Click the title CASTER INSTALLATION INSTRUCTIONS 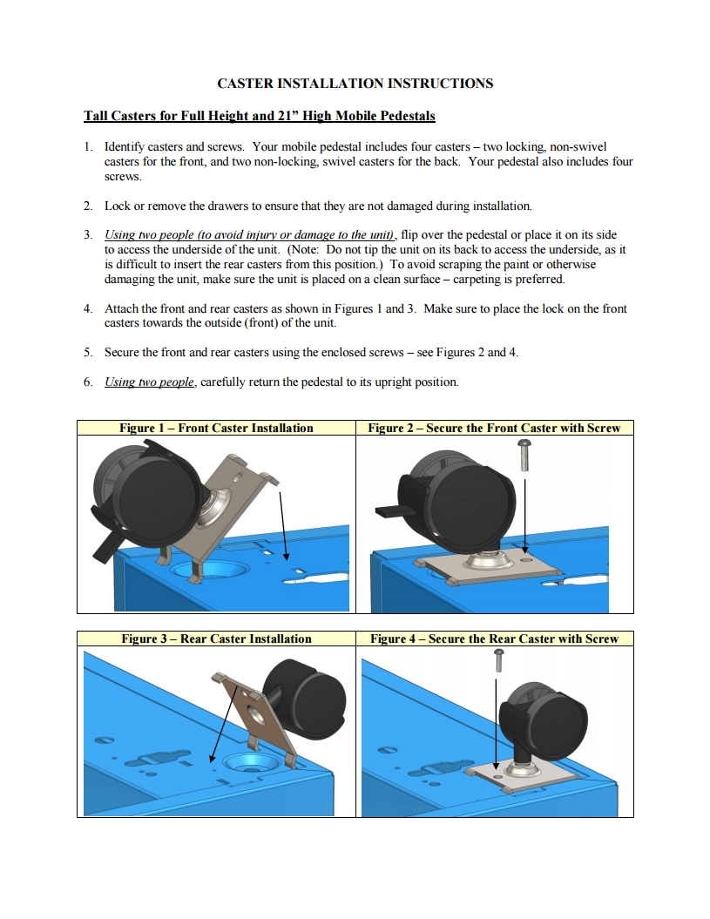click(355, 84)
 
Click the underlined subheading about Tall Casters click(259, 116)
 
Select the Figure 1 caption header click(216, 428)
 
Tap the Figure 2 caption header click(494, 428)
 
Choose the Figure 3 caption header click(216, 639)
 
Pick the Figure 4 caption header click(494, 639)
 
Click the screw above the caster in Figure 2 click(525, 452)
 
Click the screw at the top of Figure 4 click(499, 661)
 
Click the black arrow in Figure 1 click(283, 524)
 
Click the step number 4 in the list click(88, 308)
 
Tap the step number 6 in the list click(88, 382)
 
